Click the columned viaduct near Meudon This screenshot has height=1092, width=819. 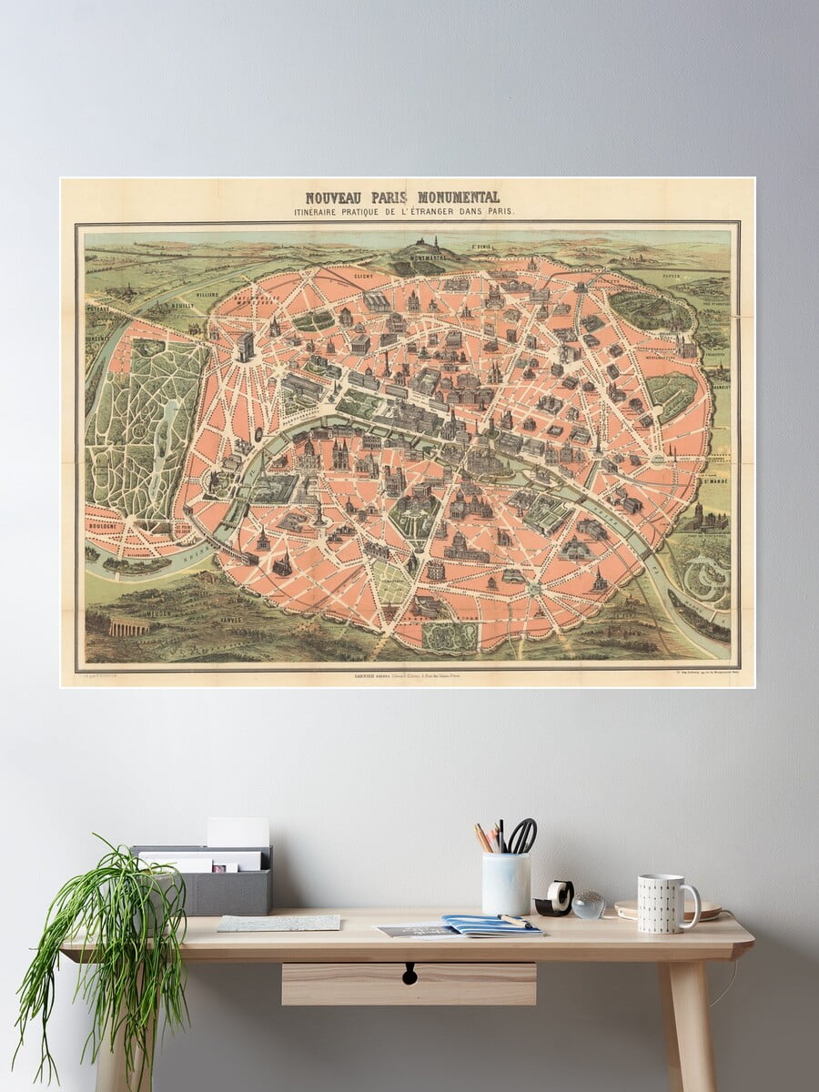click(x=129, y=626)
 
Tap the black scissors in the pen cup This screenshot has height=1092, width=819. click(x=522, y=834)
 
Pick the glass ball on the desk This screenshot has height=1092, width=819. click(x=589, y=904)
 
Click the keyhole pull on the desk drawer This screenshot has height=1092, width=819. click(x=409, y=974)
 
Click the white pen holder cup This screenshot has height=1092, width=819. click(x=506, y=884)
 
